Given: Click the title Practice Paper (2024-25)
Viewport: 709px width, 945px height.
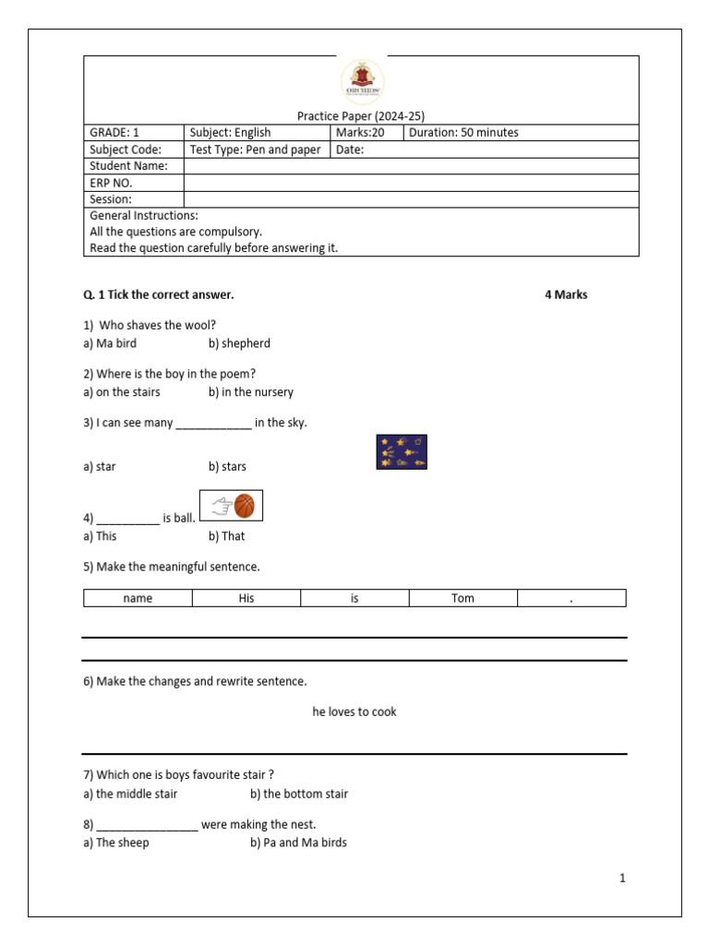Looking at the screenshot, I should pyautogui.click(x=360, y=116).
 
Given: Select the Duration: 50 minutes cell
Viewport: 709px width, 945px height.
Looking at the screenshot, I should pyautogui.click(x=463, y=133).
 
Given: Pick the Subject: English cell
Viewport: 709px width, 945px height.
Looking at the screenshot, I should pyautogui.click(x=230, y=133).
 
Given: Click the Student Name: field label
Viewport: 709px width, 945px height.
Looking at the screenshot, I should pyautogui.click(x=128, y=166).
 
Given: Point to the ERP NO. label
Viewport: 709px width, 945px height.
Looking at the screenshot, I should pyautogui.click(x=111, y=183).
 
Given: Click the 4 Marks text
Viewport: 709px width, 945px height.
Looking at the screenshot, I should pyautogui.click(x=566, y=295).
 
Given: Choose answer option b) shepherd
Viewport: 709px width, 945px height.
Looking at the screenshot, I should pyautogui.click(x=239, y=343).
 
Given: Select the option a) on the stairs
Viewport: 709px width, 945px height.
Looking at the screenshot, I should pyautogui.click(x=121, y=392).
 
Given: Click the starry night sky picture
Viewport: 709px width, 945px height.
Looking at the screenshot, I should pyautogui.click(x=402, y=452).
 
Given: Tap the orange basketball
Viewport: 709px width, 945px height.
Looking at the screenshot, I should pyautogui.click(x=245, y=506).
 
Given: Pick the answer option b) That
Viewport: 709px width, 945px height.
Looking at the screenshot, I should pyautogui.click(x=226, y=536).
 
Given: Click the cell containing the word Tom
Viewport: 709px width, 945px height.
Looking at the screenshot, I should pyautogui.click(x=463, y=599).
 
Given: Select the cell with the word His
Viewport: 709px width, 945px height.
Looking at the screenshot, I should pyautogui.click(x=246, y=599).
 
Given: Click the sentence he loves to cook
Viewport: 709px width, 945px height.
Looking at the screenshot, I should pyautogui.click(x=354, y=712).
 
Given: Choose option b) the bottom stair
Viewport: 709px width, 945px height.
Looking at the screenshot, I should pyautogui.click(x=299, y=794).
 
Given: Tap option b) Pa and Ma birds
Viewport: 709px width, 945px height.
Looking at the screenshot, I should pyautogui.click(x=298, y=843).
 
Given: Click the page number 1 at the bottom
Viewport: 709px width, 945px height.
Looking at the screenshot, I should pyautogui.click(x=622, y=879).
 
